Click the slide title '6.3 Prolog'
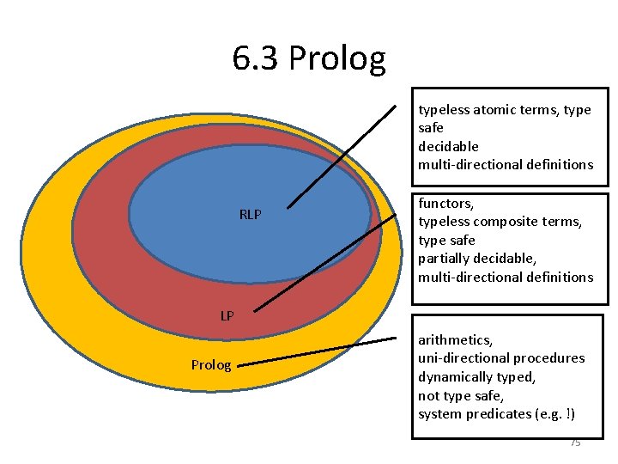[x=309, y=58]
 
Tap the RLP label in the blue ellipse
[x=250, y=215]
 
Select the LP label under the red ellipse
[x=227, y=316]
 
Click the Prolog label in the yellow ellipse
[x=211, y=365]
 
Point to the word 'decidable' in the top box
[x=448, y=146]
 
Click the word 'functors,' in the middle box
[x=445, y=204]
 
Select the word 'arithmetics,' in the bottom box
[x=456, y=340]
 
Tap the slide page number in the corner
[x=575, y=443]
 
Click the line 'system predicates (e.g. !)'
[x=496, y=414]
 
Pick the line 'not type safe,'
[x=460, y=395]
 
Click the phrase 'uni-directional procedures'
[x=501, y=358]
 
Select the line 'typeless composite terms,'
[x=500, y=222]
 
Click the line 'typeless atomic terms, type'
[x=504, y=110]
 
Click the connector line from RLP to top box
[x=342, y=156]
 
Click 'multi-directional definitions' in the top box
[x=506, y=164]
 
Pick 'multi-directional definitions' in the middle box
[x=506, y=277]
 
